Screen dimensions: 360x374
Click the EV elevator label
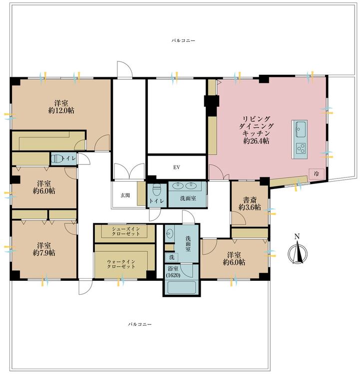pos(177,168)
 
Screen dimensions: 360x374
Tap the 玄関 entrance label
pos(125,195)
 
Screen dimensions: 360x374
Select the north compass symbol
pos(298,251)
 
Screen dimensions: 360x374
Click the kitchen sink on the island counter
pos(300,129)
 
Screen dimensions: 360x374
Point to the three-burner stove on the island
pos(300,149)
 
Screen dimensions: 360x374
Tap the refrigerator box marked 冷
pos(316,174)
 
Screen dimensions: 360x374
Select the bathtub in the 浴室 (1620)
pos(182,288)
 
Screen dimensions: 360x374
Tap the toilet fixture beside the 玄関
pos(156,189)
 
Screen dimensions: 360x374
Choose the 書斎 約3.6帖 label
pos(250,203)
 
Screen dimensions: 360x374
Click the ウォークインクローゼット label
pos(121,264)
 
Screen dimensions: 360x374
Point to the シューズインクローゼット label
pos(126,231)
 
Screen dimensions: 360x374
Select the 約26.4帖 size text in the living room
pos(256,141)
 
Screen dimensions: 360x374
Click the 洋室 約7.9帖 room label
pos(44,249)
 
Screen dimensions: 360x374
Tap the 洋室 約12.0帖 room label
pos(61,107)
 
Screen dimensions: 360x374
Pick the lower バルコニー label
pos(140,325)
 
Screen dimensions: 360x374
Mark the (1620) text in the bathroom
pos(173,275)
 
